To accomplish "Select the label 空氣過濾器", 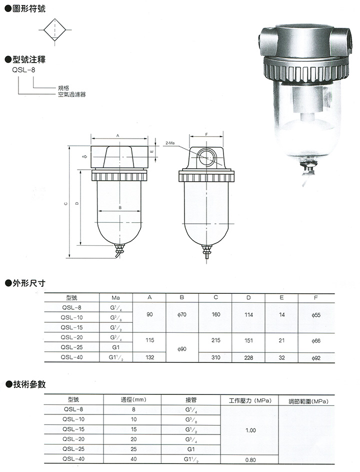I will (71, 94).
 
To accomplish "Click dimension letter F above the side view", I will (206, 135).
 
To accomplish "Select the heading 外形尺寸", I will (28, 283).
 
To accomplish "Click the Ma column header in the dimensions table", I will (115, 297).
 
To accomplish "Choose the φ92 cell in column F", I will (315, 357).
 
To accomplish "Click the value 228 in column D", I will (248, 357).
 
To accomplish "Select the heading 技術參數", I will (28, 384).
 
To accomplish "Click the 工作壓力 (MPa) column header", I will (249, 401).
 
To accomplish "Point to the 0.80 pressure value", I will (250, 459).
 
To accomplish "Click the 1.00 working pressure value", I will (250, 430).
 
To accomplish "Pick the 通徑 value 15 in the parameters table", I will (133, 430).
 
